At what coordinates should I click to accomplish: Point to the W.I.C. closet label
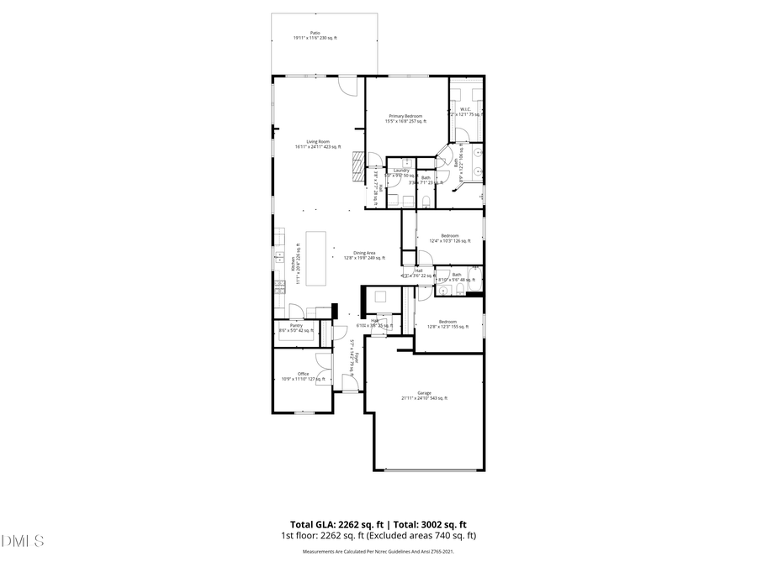point(465,111)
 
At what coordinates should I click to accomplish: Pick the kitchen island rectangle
point(316,260)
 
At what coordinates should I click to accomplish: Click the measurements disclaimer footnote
point(378,552)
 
